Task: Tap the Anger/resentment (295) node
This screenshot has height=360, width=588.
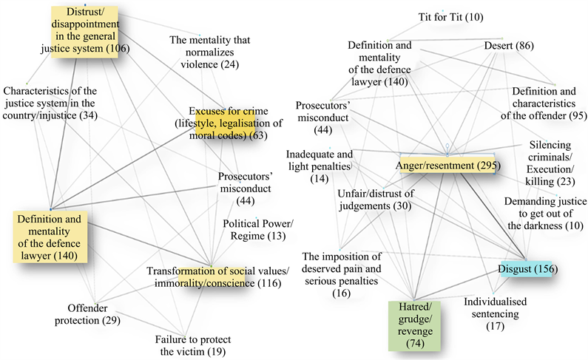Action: [445, 166]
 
